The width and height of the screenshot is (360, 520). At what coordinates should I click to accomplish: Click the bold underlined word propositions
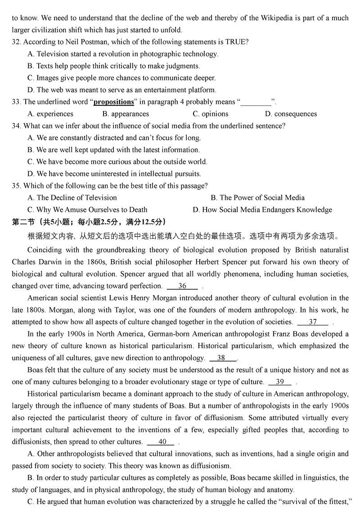[114, 102]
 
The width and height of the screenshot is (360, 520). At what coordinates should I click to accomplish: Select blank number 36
[182, 286]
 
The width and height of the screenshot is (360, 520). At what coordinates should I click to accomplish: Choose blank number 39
[280, 382]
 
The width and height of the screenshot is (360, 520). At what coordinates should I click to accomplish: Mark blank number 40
[162, 442]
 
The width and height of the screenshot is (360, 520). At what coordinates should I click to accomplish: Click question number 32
[16, 42]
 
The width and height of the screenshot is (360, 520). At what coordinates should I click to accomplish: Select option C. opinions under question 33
[210, 114]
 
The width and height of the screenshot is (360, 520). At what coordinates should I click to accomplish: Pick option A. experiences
[50, 114]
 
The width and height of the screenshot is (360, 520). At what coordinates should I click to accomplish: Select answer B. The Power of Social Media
[257, 197]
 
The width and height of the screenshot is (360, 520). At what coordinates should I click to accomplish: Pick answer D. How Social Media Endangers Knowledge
[262, 210]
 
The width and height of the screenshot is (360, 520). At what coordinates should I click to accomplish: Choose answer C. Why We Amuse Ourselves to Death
[87, 210]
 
